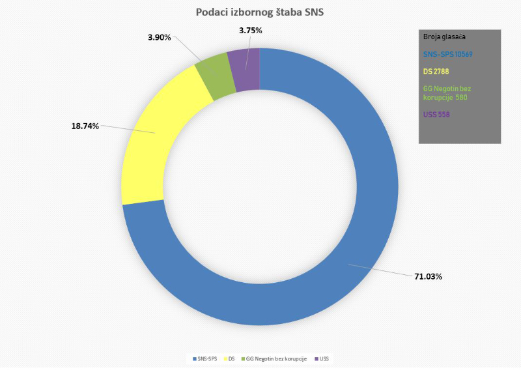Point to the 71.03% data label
tap(428, 276)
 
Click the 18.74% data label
tap(85, 126)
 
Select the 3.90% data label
tap(160, 38)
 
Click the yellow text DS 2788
tap(436, 71)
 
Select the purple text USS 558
tap(436, 115)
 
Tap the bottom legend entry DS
tap(231, 359)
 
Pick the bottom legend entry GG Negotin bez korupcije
tap(276, 359)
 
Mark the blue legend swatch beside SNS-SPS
tap(194, 359)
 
